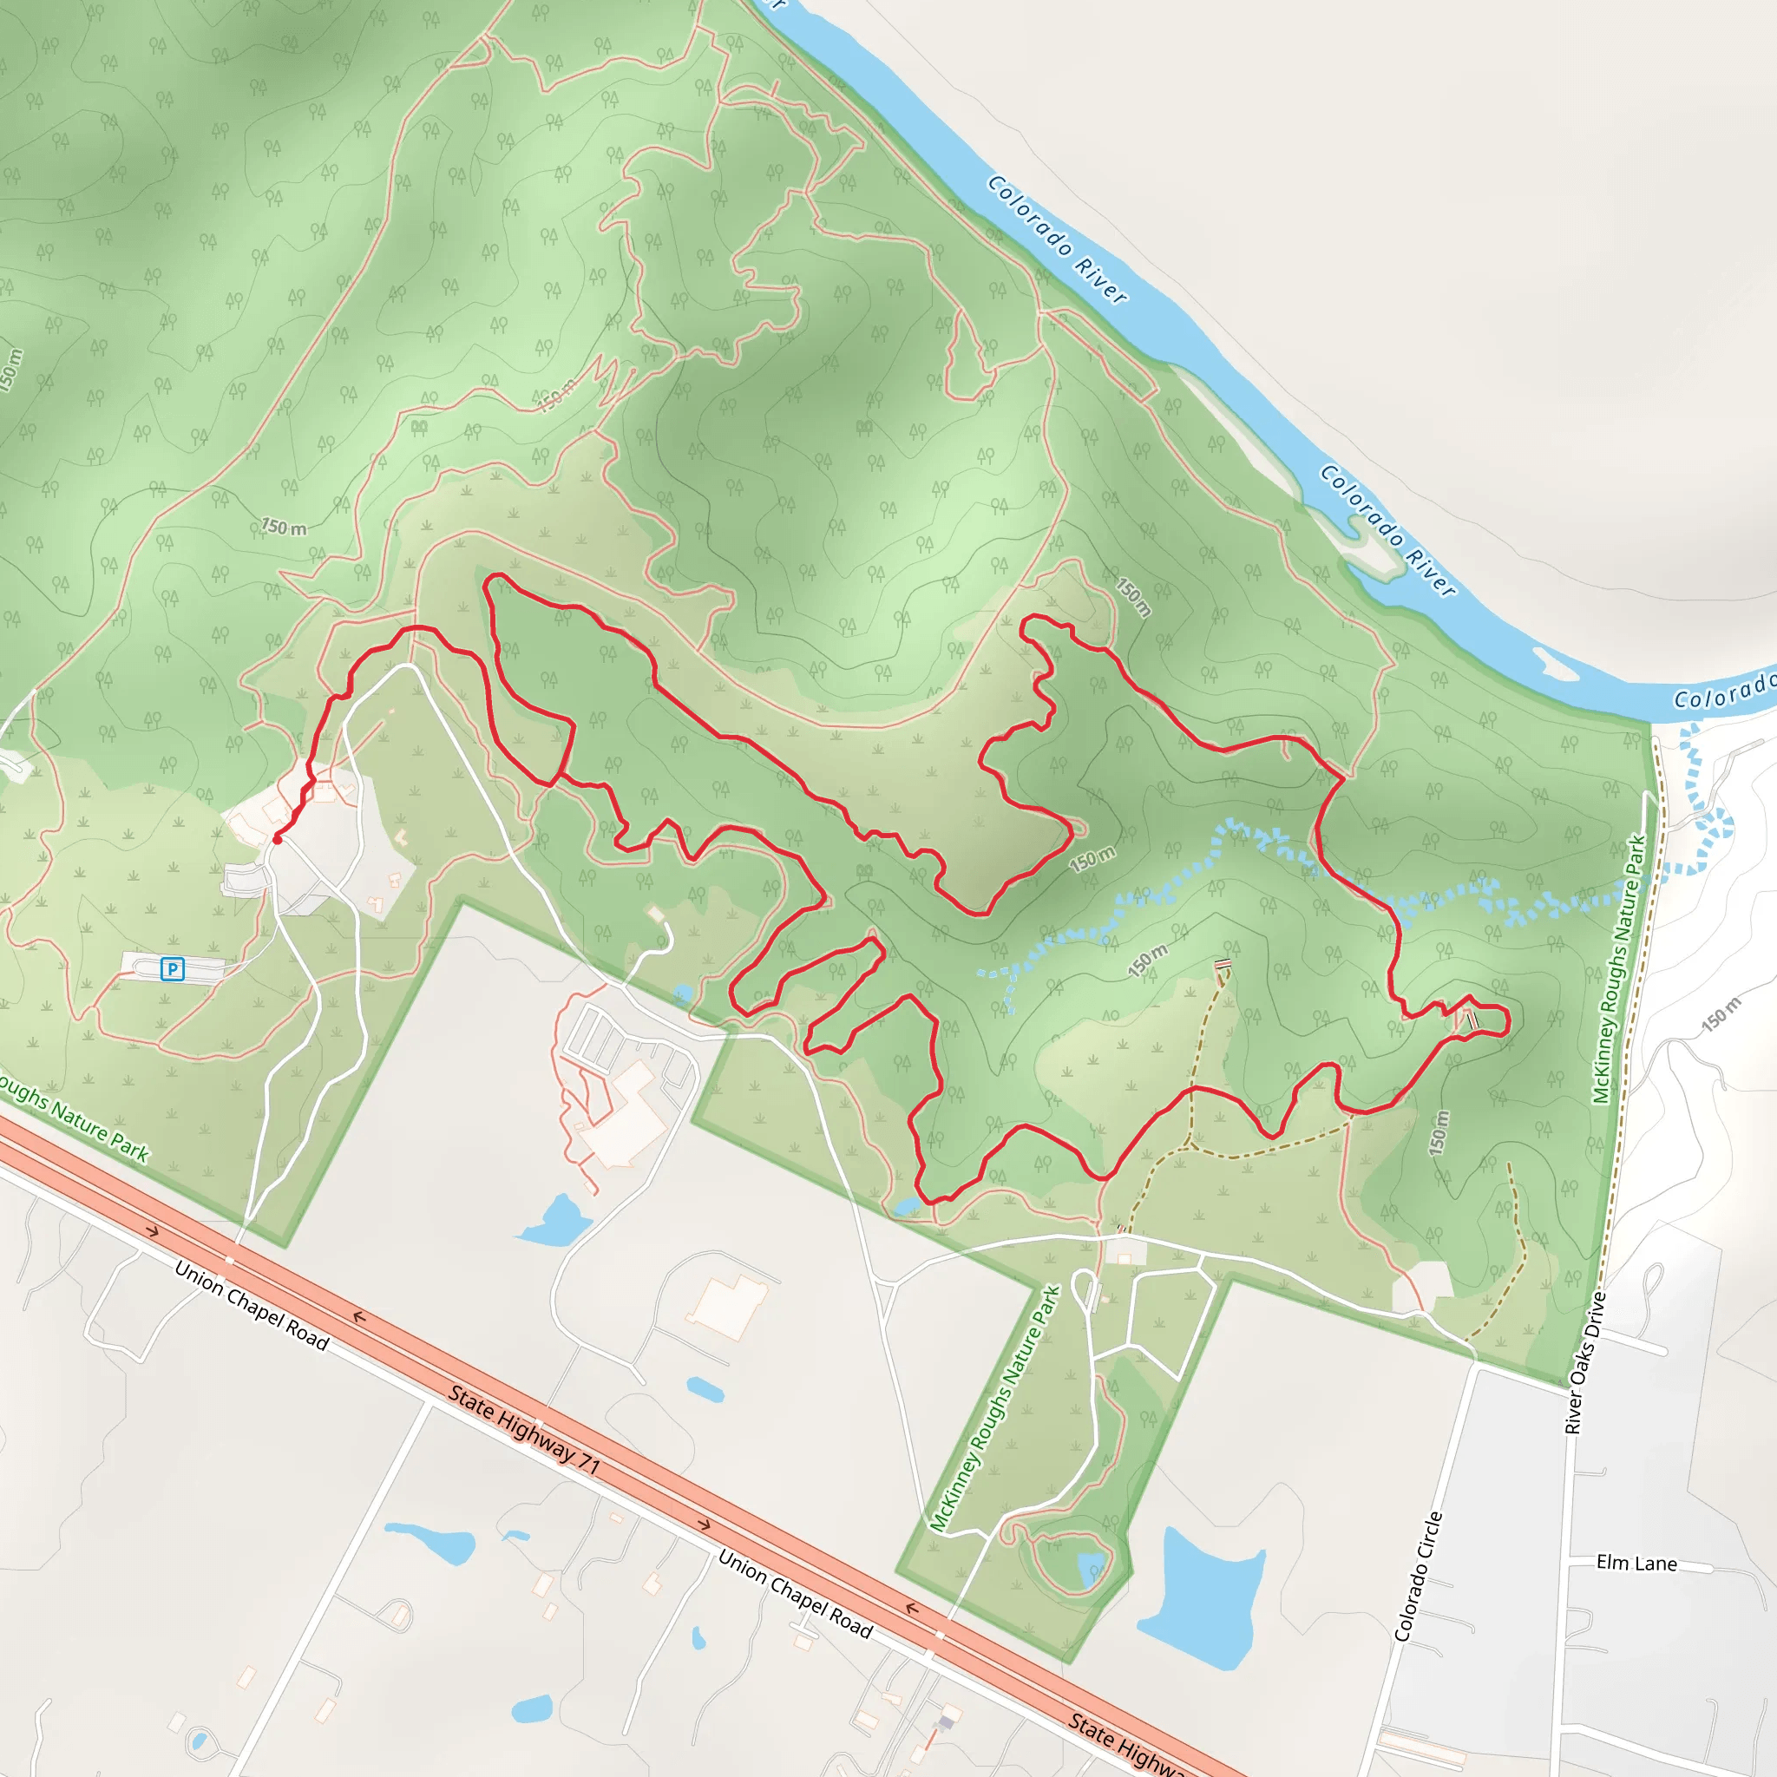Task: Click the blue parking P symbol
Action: (x=172, y=968)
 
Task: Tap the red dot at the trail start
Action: (x=277, y=839)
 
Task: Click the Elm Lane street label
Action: (x=1636, y=1564)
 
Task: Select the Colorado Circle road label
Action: (x=1419, y=1577)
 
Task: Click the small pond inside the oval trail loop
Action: (x=1091, y=1564)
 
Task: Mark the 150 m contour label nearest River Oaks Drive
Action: (x=1720, y=1014)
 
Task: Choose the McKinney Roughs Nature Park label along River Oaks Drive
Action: (x=1620, y=968)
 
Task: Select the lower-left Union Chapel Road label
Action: (x=251, y=1305)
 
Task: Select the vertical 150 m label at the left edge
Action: (x=11, y=370)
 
